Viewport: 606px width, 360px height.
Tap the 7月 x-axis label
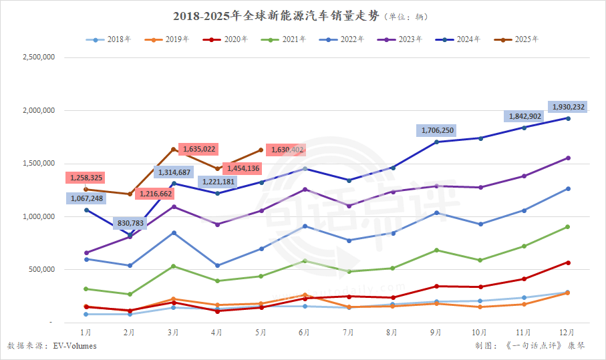coord(347,332)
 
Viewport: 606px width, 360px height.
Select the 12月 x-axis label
coord(568,332)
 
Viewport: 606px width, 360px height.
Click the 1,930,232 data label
coord(569,107)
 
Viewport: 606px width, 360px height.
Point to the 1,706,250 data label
coord(436,130)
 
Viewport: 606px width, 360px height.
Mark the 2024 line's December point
coord(568,118)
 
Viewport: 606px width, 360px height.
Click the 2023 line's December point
coord(568,158)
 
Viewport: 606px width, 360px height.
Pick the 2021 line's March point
coord(174,266)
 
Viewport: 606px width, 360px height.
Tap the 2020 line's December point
coord(568,262)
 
